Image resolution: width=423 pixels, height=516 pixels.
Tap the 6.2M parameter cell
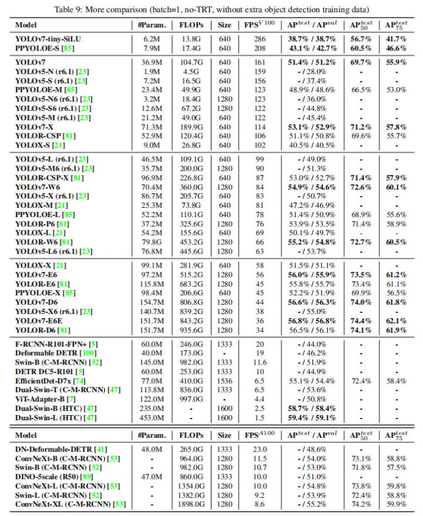click(x=152, y=38)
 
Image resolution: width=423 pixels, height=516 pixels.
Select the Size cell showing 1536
click(x=224, y=381)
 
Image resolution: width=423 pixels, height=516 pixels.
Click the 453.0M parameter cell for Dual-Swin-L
click(x=152, y=418)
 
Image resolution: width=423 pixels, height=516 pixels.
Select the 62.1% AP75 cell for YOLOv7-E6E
click(x=395, y=321)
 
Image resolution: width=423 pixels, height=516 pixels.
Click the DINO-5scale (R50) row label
click(x=52, y=476)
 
